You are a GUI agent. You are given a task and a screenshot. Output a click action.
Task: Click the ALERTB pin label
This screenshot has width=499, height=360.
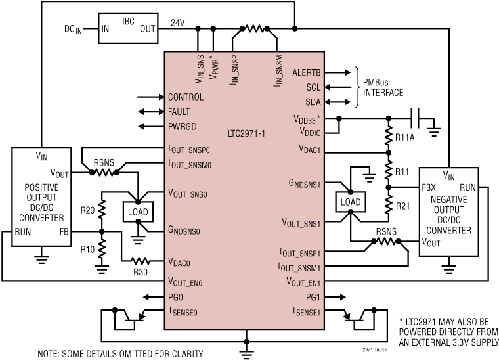tap(306, 73)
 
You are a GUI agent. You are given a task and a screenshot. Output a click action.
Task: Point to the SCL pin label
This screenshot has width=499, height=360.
tap(314, 87)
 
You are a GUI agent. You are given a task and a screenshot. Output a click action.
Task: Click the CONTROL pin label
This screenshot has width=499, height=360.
tap(186, 97)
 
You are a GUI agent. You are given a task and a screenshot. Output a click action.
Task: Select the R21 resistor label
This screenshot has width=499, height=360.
tap(402, 205)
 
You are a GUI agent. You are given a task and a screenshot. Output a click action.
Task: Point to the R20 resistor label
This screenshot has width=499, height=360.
tap(87, 211)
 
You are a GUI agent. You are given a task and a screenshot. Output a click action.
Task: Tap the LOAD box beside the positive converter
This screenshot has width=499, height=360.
tap(137, 212)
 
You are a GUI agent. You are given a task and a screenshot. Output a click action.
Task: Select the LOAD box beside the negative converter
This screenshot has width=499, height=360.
tap(349, 200)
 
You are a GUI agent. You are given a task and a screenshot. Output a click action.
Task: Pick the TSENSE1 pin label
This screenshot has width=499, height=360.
tap(307, 311)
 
